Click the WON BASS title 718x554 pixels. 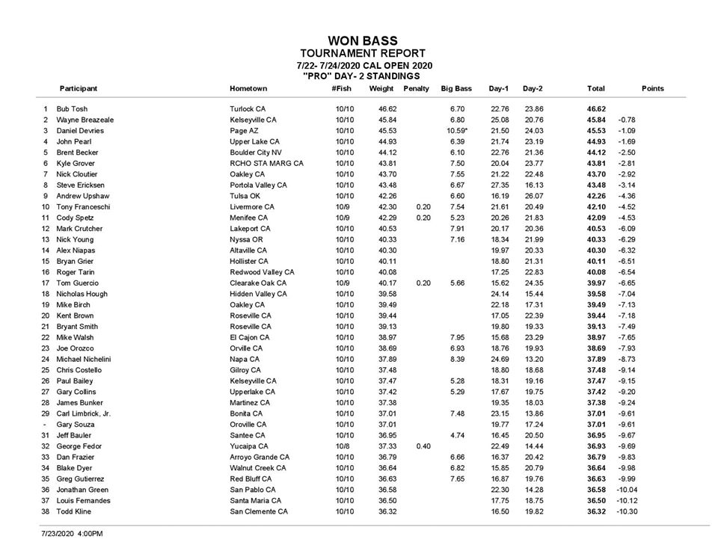tap(363, 41)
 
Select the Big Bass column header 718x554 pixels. tap(455, 89)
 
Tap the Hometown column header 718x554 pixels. tap(248, 89)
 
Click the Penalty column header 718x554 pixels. tap(417, 89)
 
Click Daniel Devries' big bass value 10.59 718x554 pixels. tap(457, 131)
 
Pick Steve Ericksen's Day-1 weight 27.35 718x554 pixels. tap(499, 185)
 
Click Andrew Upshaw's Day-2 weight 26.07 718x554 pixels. tap(533, 196)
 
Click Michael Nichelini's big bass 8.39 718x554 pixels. tap(458, 359)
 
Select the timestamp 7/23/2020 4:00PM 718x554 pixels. tap(72, 534)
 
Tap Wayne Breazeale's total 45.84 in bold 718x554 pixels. tap(596, 120)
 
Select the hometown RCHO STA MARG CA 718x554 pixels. tap(266, 164)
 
